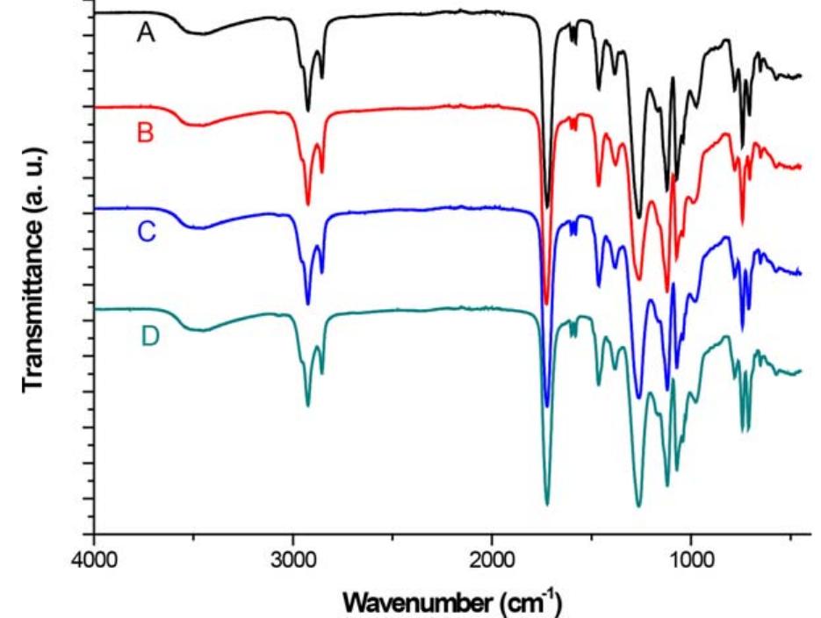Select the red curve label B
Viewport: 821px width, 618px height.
147,133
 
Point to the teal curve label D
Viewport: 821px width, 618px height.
149,336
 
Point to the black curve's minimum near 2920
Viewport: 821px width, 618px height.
308,111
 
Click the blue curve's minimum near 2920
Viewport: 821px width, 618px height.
308,304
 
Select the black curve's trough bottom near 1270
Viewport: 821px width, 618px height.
638,218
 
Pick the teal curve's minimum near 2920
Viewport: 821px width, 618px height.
308,406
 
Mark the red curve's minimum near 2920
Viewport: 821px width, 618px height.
308,205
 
